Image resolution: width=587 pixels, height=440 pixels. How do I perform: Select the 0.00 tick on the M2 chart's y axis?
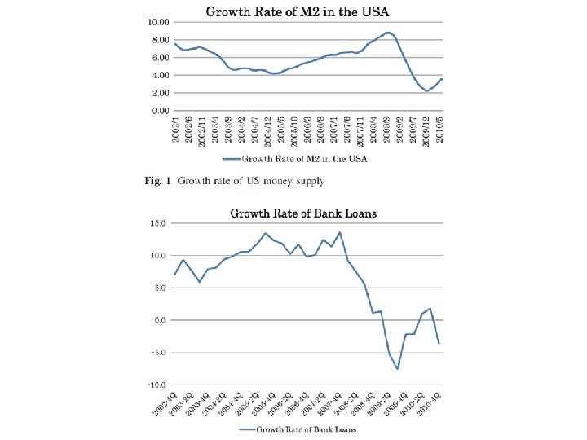coord(160,110)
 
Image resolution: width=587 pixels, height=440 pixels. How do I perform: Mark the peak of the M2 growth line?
coord(389,33)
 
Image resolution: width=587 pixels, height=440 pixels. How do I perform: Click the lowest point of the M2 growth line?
coord(426,91)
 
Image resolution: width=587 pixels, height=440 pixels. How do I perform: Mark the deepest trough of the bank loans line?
coord(398,369)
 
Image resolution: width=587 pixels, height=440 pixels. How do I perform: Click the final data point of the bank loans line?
coord(439,343)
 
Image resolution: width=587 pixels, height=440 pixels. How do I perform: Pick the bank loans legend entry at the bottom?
coord(298,429)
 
